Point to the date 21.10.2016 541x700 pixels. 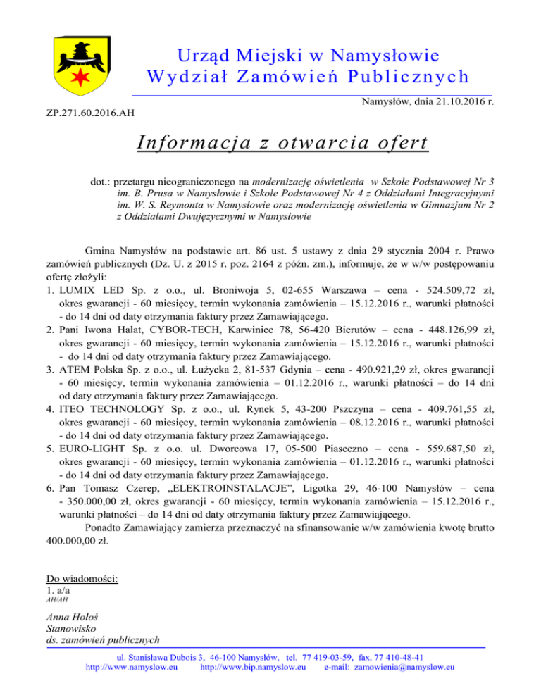[x=458, y=102]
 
